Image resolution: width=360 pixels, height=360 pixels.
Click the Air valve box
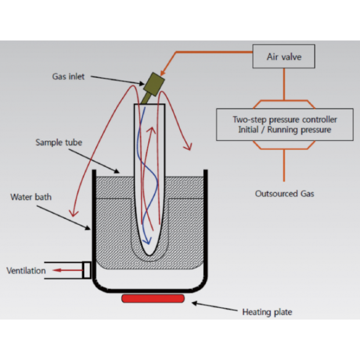(x=284, y=57)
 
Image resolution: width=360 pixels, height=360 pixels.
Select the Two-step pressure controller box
(x=284, y=124)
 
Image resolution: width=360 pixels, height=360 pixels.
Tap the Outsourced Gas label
(x=285, y=193)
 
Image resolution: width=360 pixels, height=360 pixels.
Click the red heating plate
(x=153, y=298)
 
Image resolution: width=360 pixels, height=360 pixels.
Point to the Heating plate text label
(x=267, y=312)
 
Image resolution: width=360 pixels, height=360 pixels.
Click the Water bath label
(x=31, y=197)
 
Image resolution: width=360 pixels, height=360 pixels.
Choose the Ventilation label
(x=26, y=271)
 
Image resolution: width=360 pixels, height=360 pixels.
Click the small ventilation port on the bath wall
(x=87, y=270)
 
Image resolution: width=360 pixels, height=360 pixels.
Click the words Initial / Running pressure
(x=284, y=129)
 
